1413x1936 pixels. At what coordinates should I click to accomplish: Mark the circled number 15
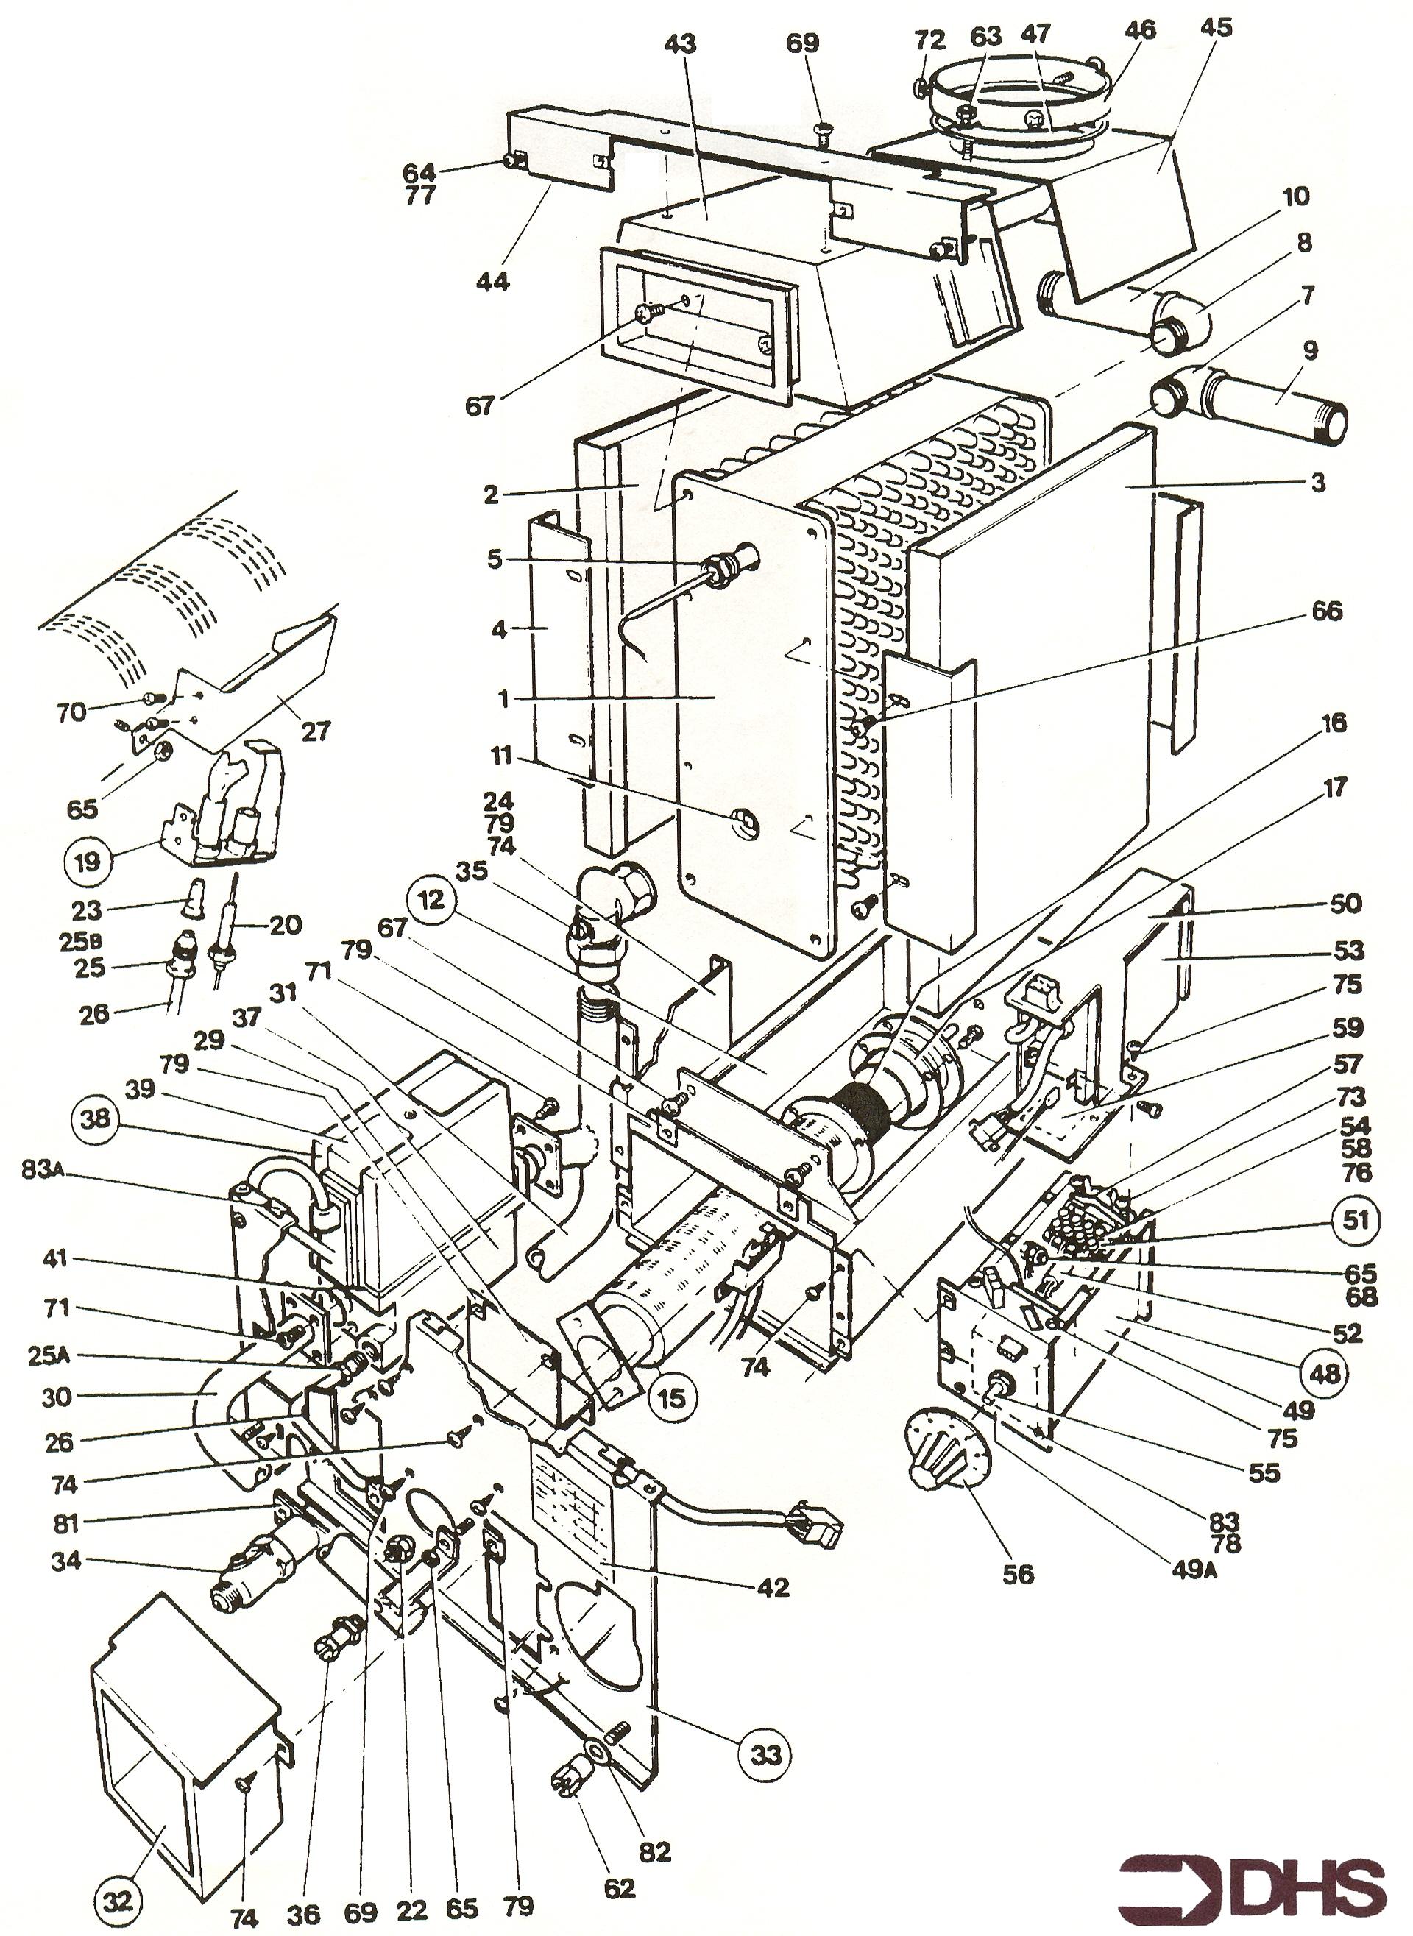tap(673, 1397)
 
